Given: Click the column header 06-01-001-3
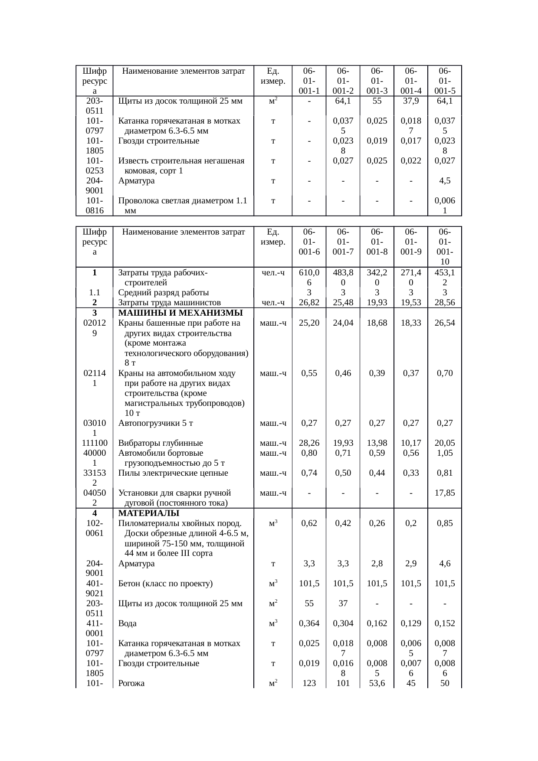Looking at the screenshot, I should pyautogui.click(x=377, y=81).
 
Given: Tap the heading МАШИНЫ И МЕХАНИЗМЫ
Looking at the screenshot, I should pyautogui.click(x=180, y=313).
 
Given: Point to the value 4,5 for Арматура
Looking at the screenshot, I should pyautogui.click(x=444, y=181).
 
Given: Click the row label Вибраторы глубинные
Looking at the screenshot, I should pyautogui.click(x=161, y=443).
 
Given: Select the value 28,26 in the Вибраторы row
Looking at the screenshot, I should pyautogui.click(x=309, y=443).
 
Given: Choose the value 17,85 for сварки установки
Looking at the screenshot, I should pyautogui.click(x=444, y=493).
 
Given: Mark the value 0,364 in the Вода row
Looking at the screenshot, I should pyautogui.click(x=309, y=624).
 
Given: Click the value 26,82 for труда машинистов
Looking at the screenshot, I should pyautogui.click(x=309, y=303).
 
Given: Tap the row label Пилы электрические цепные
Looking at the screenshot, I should pyautogui.click(x=173, y=473).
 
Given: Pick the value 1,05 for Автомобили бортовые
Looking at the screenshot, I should pyautogui.click(x=444, y=453).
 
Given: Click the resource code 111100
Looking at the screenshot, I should pyautogui.click(x=94, y=443).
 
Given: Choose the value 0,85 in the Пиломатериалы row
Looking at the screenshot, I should pyautogui.click(x=444, y=523).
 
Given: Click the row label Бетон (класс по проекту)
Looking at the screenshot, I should pyautogui.click(x=165, y=584).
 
